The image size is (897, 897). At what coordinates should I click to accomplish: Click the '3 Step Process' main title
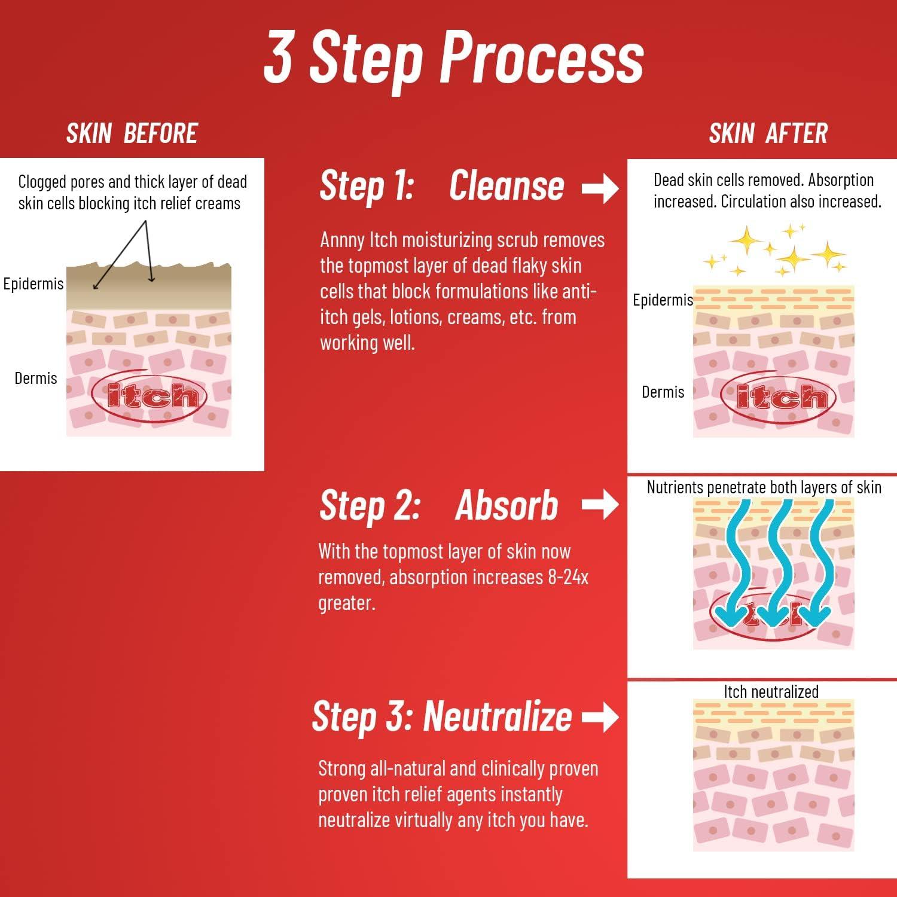[453, 59]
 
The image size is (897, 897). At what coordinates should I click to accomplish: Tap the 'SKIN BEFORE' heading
[132, 133]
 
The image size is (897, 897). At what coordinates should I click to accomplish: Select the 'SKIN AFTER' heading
[768, 133]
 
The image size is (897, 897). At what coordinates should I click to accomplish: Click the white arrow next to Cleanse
[600, 188]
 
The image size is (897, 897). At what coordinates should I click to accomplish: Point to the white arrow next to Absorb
[600, 504]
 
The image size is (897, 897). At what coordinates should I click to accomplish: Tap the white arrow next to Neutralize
[600, 716]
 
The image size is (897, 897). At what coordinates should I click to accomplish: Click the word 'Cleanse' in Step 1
[506, 185]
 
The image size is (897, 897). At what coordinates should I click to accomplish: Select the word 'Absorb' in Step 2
[507, 506]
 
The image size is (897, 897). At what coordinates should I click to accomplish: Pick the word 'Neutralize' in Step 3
[497, 716]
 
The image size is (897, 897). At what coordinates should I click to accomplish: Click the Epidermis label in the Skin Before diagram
[33, 283]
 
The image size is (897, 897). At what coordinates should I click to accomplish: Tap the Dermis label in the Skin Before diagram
[36, 378]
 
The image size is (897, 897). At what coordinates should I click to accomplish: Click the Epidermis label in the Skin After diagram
[663, 300]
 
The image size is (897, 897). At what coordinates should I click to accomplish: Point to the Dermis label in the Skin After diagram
[663, 392]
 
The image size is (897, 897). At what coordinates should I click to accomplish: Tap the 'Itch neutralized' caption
[771, 692]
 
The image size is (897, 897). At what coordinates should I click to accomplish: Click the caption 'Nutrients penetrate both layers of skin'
[764, 487]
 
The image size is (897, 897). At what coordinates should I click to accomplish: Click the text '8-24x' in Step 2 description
[568, 577]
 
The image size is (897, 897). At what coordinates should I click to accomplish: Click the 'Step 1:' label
[367, 185]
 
